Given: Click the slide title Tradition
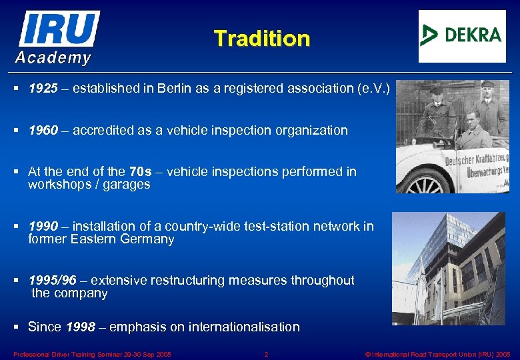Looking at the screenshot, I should [262, 39].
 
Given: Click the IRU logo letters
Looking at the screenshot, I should [59, 29].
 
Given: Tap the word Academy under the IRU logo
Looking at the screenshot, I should [53, 58].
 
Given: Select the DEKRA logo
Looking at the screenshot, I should [461, 35].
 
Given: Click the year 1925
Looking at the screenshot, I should [43, 89].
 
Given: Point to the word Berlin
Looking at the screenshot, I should [175, 89].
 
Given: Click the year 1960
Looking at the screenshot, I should [43, 131].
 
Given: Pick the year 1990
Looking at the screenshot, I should [43, 227].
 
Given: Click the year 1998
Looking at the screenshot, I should [81, 327].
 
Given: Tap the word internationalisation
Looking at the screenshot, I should [244, 327].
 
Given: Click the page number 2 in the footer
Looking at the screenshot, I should [266, 354].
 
